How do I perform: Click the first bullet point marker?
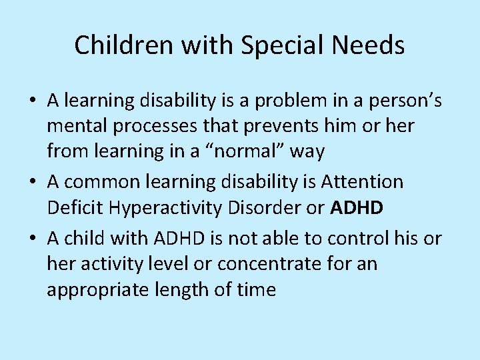point(33,101)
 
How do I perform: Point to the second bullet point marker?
point(33,182)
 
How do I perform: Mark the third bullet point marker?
point(33,239)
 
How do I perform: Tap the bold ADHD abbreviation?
point(357,208)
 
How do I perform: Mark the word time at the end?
point(254,290)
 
